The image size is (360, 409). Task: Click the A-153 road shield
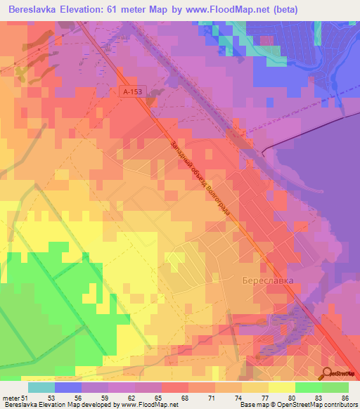tap(131, 91)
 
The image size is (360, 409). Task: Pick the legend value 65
tap(161, 397)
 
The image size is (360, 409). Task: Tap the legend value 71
tap(214, 397)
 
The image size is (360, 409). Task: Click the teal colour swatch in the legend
tap(41, 387)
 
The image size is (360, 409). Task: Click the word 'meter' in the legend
tap(10, 397)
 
